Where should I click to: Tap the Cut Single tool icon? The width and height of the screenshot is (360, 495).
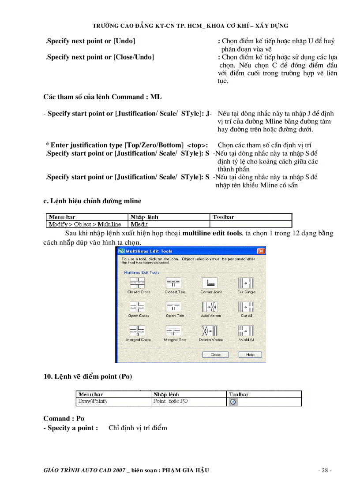pos(246,283)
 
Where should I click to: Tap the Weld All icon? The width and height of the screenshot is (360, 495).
pos(246,331)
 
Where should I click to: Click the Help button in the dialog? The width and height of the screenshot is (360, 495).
pos(250,355)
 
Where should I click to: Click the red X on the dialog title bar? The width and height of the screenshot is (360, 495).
pos(261,251)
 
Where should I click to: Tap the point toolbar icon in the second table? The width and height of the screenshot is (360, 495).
pos(233,402)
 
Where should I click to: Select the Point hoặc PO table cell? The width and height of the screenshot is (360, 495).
pos(170,402)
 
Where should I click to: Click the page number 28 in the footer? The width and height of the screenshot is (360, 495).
pos(325,470)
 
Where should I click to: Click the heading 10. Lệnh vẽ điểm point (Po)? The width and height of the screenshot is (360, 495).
pos(87,376)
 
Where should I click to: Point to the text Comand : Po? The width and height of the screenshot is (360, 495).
pos(64,418)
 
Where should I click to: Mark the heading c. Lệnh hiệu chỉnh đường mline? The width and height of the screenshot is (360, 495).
pos(92,201)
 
